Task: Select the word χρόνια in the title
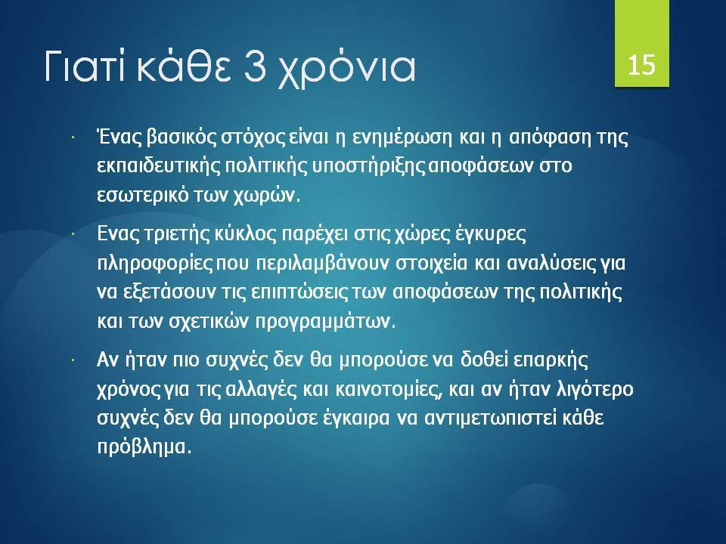(x=346, y=70)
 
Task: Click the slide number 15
(x=642, y=64)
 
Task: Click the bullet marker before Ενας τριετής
(x=73, y=234)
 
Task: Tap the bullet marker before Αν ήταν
(x=73, y=360)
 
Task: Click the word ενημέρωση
(x=402, y=138)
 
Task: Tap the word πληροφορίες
(x=154, y=263)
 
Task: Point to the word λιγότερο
(x=595, y=390)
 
